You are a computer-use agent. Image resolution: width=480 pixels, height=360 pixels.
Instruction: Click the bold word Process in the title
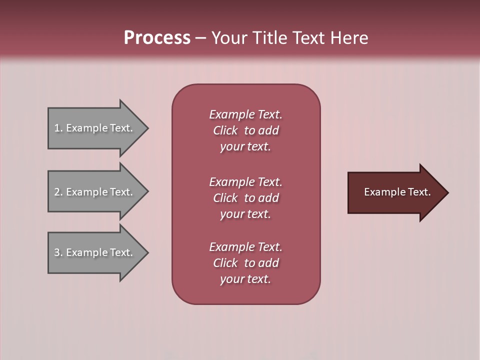tap(157, 38)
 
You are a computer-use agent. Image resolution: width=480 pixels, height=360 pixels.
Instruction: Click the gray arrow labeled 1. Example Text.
tap(95, 128)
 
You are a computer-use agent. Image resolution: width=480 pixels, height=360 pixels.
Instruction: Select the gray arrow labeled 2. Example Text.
tap(95, 192)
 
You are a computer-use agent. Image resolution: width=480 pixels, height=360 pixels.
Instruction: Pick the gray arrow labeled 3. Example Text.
tap(95, 252)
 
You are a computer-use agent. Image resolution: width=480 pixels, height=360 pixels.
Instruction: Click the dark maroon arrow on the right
tap(395, 192)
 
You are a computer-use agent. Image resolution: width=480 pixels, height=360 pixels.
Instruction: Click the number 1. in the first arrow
tap(58, 128)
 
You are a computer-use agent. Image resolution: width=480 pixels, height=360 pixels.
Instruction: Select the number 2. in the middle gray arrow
tap(58, 192)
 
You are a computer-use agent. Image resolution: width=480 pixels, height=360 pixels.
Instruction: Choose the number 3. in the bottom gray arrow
tap(58, 252)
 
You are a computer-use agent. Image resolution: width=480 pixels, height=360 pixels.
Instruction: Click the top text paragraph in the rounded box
tap(245, 130)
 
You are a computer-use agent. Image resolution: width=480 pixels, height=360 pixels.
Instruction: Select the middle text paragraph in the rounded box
tap(245, 198)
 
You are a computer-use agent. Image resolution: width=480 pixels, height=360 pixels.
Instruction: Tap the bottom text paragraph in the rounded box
tap(245, 263)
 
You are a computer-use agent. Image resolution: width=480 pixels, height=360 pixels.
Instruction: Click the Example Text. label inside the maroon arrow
tap(397, 192)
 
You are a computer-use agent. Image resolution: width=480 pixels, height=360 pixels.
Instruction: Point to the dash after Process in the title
tap(201, 38)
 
